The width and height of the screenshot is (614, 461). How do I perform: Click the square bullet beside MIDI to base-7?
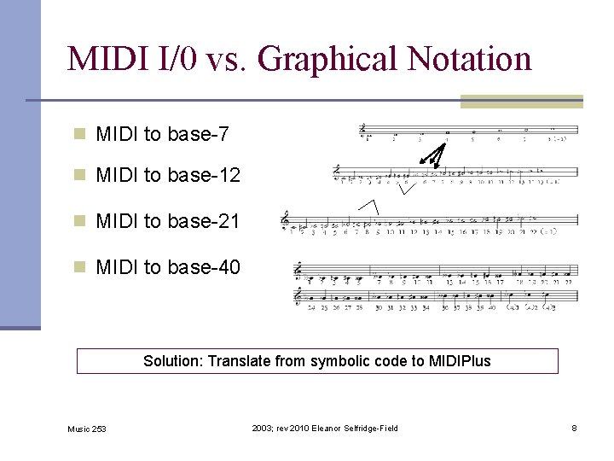point(80,134)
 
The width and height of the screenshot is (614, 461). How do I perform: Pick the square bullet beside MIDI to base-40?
point(80,267)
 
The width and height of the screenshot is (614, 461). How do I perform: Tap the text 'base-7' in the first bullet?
point(198,134)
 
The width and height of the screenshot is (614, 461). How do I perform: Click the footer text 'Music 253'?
point(87,429)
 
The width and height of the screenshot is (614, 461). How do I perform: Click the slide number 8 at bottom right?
point(574,428)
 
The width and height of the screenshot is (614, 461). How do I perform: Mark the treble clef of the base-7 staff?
point(364,130)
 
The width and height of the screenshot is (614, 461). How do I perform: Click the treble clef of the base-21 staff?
point(286,221)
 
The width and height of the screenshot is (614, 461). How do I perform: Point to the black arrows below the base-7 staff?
point(434,154)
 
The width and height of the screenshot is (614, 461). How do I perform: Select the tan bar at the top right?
point(521,101)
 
